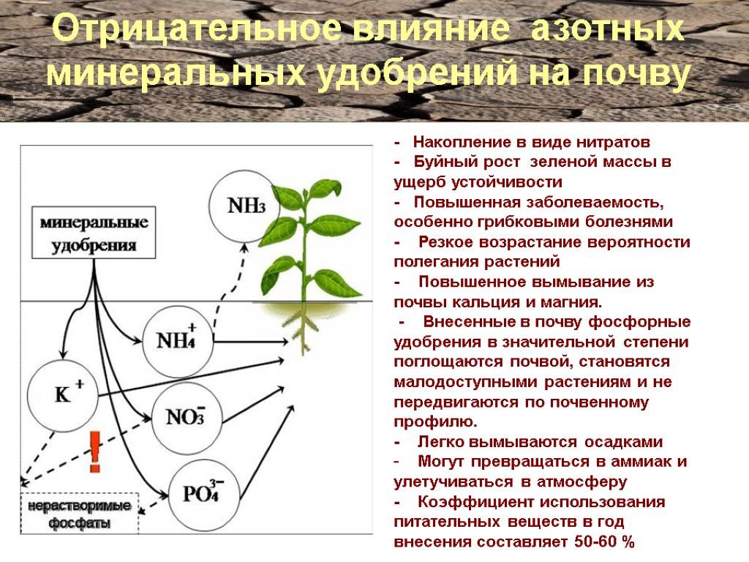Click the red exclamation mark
[95, 452]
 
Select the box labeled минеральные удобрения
[94, 232]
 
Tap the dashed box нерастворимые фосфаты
[79, 513]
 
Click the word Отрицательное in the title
[196, 29]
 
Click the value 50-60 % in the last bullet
[604, 542]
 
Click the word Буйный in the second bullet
[443, 162]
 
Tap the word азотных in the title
[607, 29]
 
